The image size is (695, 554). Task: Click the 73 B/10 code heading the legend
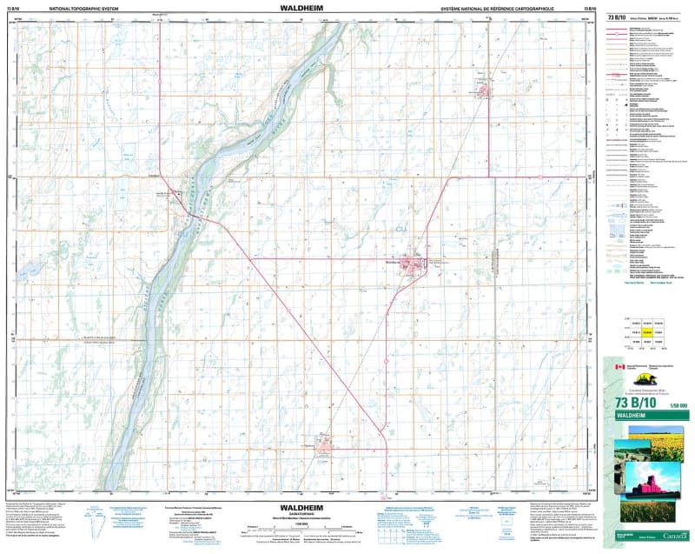[x=619, y=17]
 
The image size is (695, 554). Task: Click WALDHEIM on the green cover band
[x=637, y=417]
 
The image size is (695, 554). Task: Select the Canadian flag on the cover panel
[x=619, y=367]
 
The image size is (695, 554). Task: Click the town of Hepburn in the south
[x=324, y=445]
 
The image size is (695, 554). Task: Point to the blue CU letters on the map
[x=401, y=228]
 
